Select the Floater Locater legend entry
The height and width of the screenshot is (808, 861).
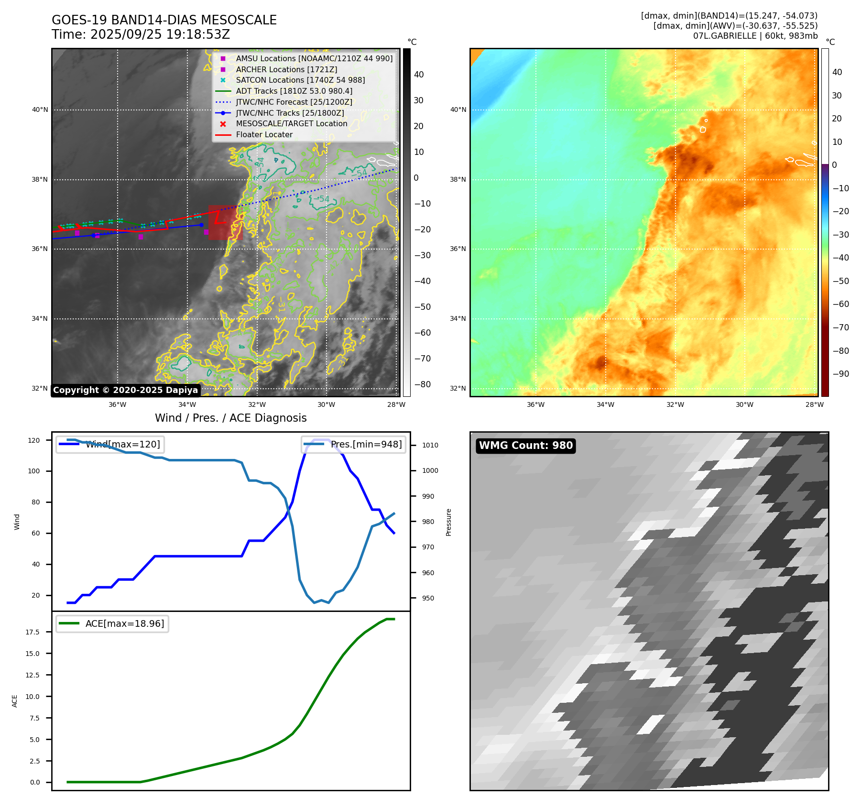(x=264, y=135)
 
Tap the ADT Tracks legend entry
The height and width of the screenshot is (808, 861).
(x=294, y=91)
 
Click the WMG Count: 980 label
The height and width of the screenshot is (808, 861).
(x=525, y=446)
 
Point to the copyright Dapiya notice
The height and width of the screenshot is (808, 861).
(x=125, y=390)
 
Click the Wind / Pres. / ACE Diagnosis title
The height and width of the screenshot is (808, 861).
(x=230, y=418)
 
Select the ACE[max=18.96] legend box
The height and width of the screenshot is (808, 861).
(x=112, y=623)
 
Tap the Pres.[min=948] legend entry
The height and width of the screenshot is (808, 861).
(x=354, y=444)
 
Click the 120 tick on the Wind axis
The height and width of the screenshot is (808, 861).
(x=34, y=440)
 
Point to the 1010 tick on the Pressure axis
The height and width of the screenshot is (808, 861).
(x=430, y=445)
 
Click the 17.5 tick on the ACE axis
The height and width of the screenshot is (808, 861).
(x=33, y=632)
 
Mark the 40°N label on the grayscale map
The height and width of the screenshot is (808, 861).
(x=40, y=110)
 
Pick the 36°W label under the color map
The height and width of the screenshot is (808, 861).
(x=535, y=404)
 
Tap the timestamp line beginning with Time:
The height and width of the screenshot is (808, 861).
(x=141, y=35)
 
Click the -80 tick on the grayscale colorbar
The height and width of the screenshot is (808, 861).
(x=422, y=384)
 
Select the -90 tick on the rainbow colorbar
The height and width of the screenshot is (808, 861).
(x=840, y=374)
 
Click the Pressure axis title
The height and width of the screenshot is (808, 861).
(x=448, y=522)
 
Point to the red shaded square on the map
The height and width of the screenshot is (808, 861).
(x=225, y=223)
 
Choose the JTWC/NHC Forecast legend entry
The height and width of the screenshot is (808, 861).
(x=294, y=102)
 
